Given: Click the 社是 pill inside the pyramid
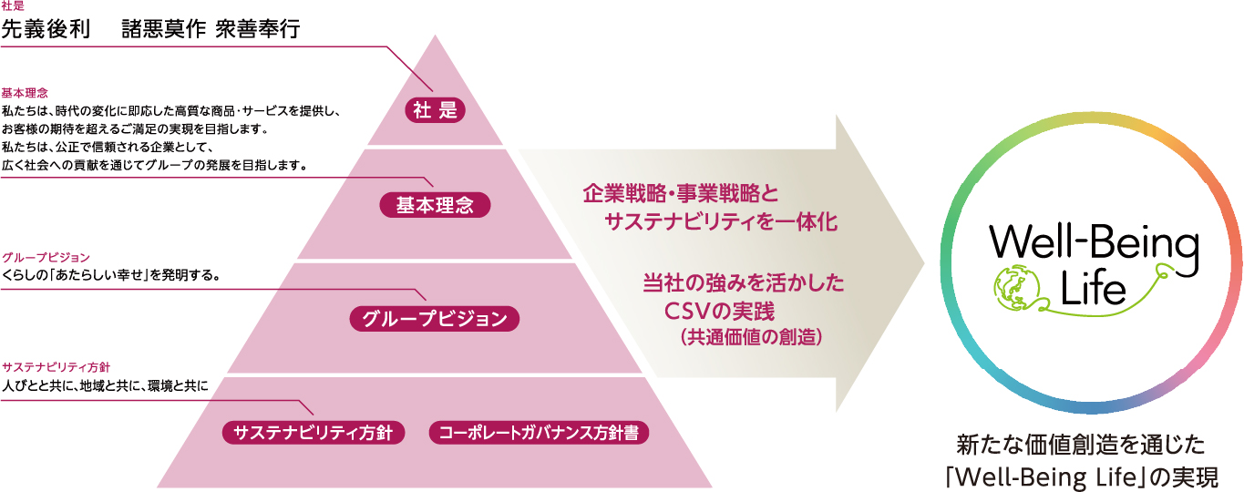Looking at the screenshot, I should click(x=435, y=110).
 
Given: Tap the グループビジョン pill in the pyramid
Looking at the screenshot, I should click(x=434, y=319).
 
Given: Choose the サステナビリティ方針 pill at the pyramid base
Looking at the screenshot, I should click(x=313, y=433).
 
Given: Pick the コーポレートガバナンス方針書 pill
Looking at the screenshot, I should click(x=539, y=433).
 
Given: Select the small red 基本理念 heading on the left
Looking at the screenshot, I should click(x=25, y=93).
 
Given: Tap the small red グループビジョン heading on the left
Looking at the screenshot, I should click(x=46, y=258).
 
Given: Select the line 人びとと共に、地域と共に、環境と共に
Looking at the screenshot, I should click(x=106, y=385).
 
